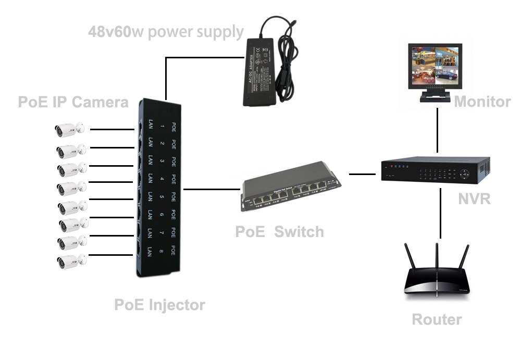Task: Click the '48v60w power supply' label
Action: [166, 32]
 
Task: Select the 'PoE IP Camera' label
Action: [73, 102]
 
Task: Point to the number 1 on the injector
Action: [163, 127]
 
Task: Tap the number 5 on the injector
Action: [163, 197]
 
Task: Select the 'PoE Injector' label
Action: [159, 304]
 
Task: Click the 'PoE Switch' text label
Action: [279, 231]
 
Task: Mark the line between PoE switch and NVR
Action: [362, 174]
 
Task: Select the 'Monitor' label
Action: [482, 102]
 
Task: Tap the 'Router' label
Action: [437, 319]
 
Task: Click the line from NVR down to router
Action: [441, 214]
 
